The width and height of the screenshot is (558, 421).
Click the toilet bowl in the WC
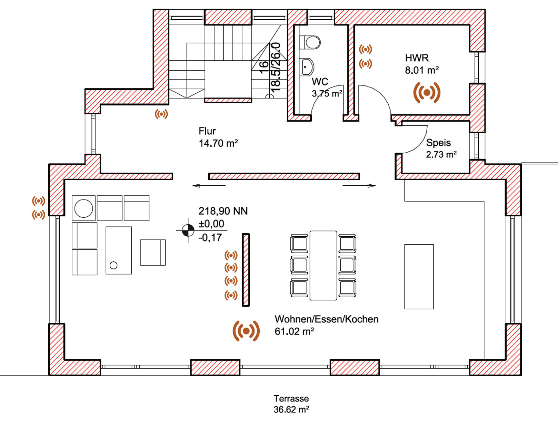coord(312,42)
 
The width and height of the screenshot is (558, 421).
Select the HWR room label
coord(417,58)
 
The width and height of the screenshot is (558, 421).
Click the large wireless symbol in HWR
coord(427,92)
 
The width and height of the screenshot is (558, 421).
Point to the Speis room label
coord(438,143)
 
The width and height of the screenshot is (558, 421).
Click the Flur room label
coord(207,131)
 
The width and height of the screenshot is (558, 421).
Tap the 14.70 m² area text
coord(218,143)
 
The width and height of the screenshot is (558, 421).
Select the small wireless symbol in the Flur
coord(161,114)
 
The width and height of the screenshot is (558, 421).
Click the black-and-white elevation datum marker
coord(188,230)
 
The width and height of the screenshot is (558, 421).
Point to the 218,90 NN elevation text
coord(223,211)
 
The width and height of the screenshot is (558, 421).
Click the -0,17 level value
coord(210,237)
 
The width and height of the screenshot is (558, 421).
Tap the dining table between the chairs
coord(323,265)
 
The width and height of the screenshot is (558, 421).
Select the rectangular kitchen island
coord(419,276)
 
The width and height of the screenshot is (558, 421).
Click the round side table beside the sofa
coord(83,208)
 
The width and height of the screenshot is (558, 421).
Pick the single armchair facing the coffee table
coord(152,253)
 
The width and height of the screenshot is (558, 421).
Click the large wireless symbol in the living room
coord(246,331)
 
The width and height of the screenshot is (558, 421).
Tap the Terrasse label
coord(291,399)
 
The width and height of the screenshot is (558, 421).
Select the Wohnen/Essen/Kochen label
coord(326,319)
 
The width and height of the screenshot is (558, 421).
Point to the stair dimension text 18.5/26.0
coord(276,67)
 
